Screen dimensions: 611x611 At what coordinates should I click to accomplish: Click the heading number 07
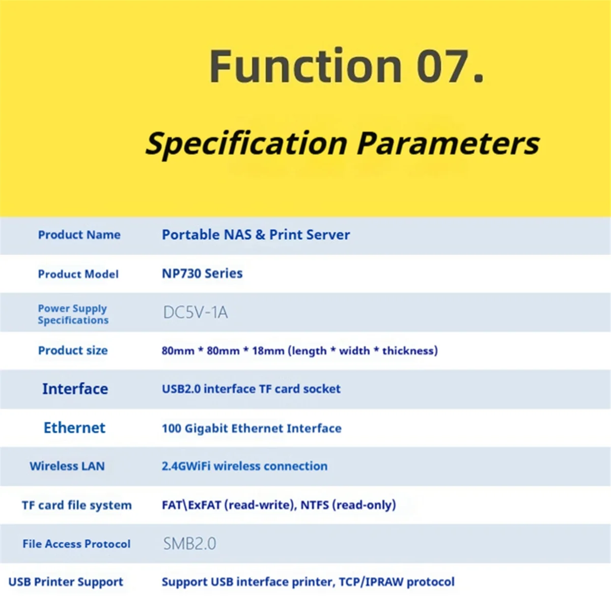(x=450, y=66)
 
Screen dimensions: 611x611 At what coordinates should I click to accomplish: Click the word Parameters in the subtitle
(x=448, y=144)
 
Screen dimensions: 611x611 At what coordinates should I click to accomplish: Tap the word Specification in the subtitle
(x=246, y=144)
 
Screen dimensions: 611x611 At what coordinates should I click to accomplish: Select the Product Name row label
(x=79, y=235)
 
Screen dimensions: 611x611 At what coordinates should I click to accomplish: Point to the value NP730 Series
(x=202, y=273)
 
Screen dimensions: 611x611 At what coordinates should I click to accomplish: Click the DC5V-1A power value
(x=196, y=312)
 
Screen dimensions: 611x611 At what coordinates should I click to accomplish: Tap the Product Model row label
(x=78, y=274)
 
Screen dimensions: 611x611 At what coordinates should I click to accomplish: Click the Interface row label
(x=75, y=388)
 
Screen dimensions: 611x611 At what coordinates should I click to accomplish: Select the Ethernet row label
(x=74, y=428)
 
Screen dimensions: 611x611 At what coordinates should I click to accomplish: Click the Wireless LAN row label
(x=67, y=466)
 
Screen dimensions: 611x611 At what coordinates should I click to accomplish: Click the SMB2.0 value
(x=189, y=543)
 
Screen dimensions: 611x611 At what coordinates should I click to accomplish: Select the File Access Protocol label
(x=76, y=544)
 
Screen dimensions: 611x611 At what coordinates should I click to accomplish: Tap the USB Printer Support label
(x=66, y=582)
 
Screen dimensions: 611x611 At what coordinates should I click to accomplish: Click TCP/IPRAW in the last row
(x=371, y=582)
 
